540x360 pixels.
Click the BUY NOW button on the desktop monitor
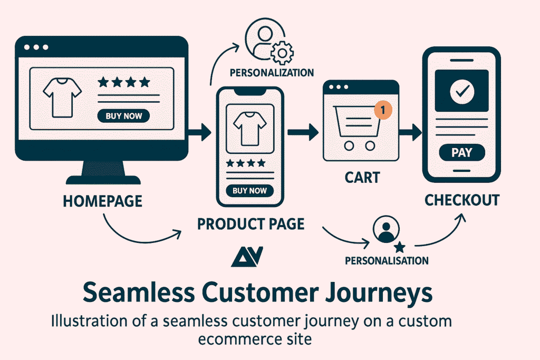click(123, 116)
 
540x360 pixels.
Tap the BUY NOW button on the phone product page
click(249, 191)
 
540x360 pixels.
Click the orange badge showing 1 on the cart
click(383, 110)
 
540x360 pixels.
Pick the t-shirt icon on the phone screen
click(249, 128)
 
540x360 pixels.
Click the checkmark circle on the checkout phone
click(462, 92)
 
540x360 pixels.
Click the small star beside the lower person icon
click(400, 246)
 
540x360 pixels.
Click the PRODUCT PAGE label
click(250, 223)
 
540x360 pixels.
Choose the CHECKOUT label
click(462, 200)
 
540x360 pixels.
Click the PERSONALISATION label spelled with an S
click(387, 260)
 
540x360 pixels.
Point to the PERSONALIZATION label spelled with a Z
click(272, 72)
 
